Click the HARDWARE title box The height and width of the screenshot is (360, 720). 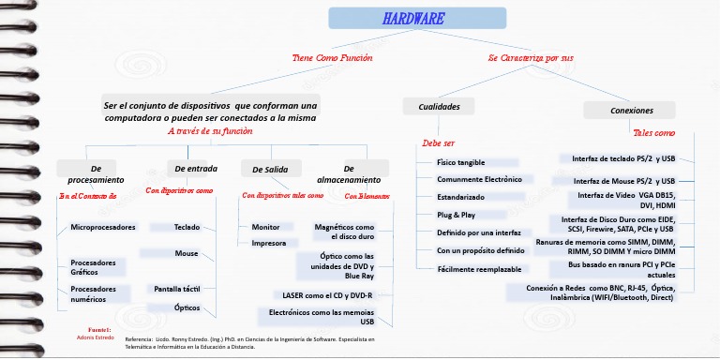click(413, 19)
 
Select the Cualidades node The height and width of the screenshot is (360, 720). click(439, 107)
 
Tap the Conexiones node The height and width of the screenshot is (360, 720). click(631, 111)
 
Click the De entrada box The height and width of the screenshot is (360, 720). click(196, 169)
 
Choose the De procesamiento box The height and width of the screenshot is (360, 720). click(96, 173)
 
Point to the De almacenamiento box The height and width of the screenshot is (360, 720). click(349, 173)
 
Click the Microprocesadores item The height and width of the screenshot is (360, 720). click(103, 228)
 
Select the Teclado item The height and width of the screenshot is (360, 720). click(187, 227)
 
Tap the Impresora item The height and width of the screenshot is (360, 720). click(269, 244)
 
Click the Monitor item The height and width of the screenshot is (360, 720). click(265, 227)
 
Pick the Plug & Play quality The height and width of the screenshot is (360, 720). click(457, 215)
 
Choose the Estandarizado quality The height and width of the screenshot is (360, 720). click(461, 197)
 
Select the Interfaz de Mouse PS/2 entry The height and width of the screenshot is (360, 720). click(624, 181)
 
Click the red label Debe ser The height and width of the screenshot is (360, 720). click(439, 143)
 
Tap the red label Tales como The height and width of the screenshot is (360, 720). click(653, 133)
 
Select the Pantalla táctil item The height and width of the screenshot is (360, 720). click(178, 289)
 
